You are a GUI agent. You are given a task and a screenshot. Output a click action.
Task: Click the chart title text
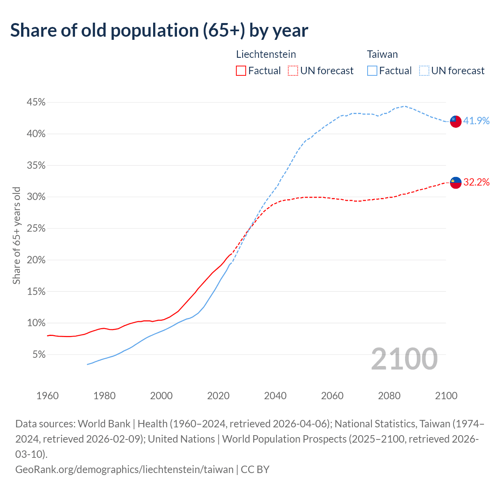pyautogui.click(x=159, y=30)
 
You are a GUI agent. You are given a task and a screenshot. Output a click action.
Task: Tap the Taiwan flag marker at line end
pyautogui.click(x=455, y=121)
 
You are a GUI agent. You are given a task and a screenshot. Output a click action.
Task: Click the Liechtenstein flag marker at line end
pyautogui.click(x=455, y=182)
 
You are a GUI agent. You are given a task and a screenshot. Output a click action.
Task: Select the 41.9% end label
pyautogui.click(x=476, y=121)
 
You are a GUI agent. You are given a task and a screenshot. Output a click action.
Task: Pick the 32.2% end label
pyautogui.click(x=476, y=182)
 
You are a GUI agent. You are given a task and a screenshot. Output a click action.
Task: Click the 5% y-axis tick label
pyautogui.click(x=39, y=355)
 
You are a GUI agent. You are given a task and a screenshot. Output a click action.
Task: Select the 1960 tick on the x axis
pyautogui.click(x=48, y=396)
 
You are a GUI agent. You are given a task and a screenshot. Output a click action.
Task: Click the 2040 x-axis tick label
pyautogui.click(x=275, y=396)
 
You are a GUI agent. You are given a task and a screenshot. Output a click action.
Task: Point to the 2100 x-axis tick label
pyautogui.click(x=446, y=396)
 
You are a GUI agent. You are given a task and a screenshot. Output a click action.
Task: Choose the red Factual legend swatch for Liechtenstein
pyautogui.click(x=241, y=71)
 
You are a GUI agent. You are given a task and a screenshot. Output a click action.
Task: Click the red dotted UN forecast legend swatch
pyautogui.click(x=293, y=71)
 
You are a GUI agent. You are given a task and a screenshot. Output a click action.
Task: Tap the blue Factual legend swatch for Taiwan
pyautogui.click(x=372, y=71)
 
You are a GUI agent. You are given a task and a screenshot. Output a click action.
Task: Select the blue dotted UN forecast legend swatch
pyautogui.click(x=424, y=71)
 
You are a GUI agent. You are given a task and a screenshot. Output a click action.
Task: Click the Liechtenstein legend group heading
pyautogui.click(x=266, y=54)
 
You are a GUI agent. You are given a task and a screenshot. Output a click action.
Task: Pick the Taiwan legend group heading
pyautogui.click(x=382, y=54)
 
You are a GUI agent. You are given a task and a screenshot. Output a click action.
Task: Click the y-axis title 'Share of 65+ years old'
pyautogui.click(x=16, y=236)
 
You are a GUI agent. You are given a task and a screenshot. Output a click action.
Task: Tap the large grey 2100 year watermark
pyautogui.click(x=404, y=359)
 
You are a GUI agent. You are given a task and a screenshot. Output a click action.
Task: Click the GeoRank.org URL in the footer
pyautogui.click(x=124, y=469)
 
